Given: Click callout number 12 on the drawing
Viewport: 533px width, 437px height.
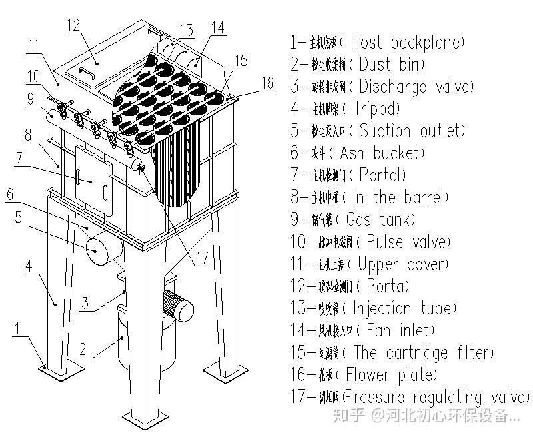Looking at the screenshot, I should pyautogui.click(x=73, y=25).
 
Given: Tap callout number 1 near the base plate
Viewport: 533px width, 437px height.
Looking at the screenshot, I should pyautogui.click(x=22, y=329).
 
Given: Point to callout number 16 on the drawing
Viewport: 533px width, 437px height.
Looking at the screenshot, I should pyautogui.click(x=266, y=83).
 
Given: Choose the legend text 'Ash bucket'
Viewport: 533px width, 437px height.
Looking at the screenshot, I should pyautogui.click(x=380, y=153).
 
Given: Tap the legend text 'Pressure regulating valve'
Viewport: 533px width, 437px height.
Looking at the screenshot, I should pyautogui.click(x=436, y=397).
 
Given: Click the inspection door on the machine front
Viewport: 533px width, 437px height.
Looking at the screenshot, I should pyautogui.click(x=93, y=175).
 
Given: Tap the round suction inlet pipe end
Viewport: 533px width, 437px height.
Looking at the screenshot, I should pyautogui.click(x=97, y=250).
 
